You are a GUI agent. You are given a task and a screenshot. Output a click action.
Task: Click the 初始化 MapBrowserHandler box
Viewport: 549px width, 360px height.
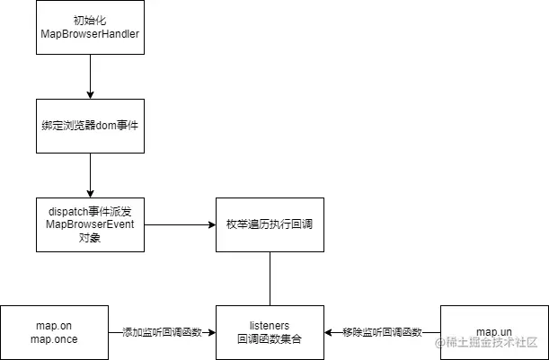(90, 27)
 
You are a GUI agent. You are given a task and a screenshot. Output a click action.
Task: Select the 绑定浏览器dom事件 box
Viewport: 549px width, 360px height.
(90, 126)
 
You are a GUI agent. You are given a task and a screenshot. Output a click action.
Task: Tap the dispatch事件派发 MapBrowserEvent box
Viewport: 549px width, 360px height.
(90, 224)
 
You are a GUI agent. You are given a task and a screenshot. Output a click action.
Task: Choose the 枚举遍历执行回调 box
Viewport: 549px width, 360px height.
(270, 224)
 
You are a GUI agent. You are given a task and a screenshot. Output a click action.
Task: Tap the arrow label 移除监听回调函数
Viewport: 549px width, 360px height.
(382, 332)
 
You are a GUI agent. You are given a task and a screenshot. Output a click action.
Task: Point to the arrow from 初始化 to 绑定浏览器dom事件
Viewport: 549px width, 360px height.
(90, 76)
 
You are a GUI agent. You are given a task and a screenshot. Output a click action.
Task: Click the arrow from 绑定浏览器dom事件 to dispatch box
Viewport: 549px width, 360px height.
(90, 175)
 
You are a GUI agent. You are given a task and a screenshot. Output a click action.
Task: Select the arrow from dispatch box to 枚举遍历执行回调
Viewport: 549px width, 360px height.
(180, 224)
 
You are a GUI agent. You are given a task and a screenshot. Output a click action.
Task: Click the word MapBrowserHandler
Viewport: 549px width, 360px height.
(90, 34)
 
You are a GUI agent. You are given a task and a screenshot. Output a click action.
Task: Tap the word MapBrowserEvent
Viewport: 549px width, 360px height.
(90, 224)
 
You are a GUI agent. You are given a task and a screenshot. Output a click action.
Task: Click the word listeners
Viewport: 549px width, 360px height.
(270, 324)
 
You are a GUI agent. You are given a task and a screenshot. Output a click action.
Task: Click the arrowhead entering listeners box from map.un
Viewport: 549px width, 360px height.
(329, 332)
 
